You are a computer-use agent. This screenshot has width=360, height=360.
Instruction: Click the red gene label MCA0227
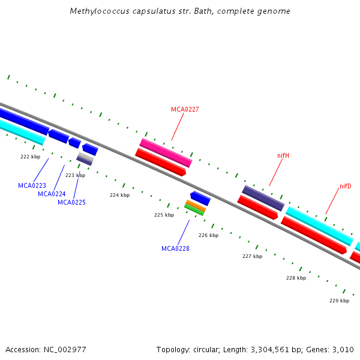click(185, 109)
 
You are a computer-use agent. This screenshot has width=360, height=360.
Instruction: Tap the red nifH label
click(283, 156)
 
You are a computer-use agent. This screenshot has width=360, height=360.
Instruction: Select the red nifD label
click(346, 186)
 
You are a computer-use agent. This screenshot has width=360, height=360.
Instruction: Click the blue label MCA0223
click(32, 185)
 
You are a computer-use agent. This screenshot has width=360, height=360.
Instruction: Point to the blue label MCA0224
click(52, 194)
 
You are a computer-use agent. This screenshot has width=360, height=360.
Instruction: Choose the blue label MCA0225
click(71, 202)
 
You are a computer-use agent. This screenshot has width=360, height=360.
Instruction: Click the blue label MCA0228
click(175, 248)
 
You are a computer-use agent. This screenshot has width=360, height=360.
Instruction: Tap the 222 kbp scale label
click(30, 157)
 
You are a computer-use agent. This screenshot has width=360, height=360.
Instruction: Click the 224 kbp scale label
click(119, 195)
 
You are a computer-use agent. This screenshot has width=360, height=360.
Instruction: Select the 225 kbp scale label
click(164, 215)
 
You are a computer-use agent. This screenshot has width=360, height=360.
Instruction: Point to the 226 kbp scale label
click(208, 235)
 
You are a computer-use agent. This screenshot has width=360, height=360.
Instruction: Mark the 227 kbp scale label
click(252, 256)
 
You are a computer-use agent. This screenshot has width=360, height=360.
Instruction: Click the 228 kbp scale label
click(296, 278)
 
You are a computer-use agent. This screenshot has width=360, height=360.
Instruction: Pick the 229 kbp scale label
click(339, 301)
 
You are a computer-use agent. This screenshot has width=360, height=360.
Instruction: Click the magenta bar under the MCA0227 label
click(166, 152)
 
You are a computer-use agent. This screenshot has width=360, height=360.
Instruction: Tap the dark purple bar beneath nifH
click(263, 198)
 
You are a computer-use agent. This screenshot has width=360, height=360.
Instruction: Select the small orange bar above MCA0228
click(196, 205)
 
